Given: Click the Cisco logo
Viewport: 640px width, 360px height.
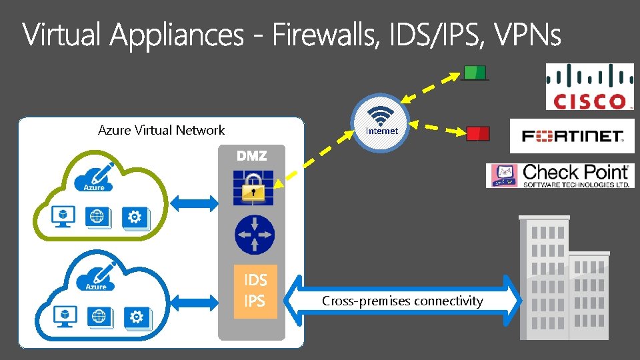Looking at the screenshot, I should tap(589, 87).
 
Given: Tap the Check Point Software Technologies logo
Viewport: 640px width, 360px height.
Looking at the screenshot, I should tap(559, 175).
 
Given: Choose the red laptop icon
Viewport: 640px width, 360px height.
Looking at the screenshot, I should tap(477, 133).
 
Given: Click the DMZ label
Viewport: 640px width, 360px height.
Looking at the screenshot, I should tap(251, 156).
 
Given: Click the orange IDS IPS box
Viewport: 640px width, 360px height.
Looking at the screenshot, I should tap(254, 291).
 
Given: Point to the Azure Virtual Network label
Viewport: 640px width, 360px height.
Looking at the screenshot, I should tap(161, 131).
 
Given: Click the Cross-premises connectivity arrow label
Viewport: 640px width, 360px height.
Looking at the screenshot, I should tap(402, 301).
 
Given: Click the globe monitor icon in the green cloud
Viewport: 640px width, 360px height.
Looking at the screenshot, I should tap(98, 217).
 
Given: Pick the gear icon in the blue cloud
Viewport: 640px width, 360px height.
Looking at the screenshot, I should tap(137, 316).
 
